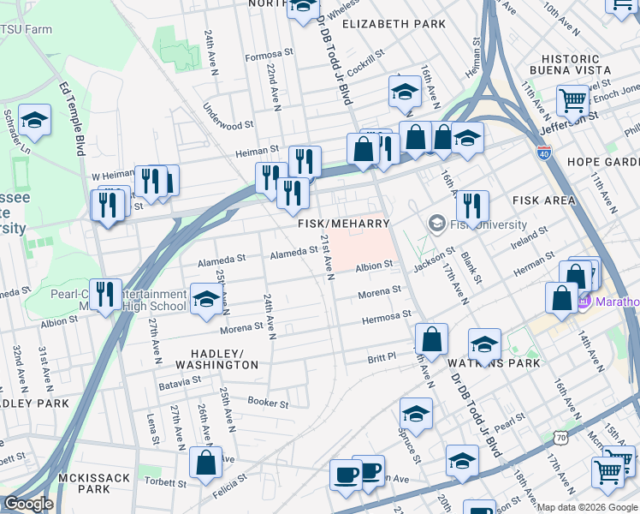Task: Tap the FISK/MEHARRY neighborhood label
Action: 343,223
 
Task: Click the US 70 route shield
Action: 560,437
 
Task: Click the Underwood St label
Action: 228,117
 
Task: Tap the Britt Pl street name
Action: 382,357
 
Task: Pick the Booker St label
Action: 268,403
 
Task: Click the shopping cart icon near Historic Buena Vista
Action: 572,99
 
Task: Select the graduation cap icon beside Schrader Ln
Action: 34,121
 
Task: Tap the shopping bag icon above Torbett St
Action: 205,463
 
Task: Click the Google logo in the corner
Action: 28,504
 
